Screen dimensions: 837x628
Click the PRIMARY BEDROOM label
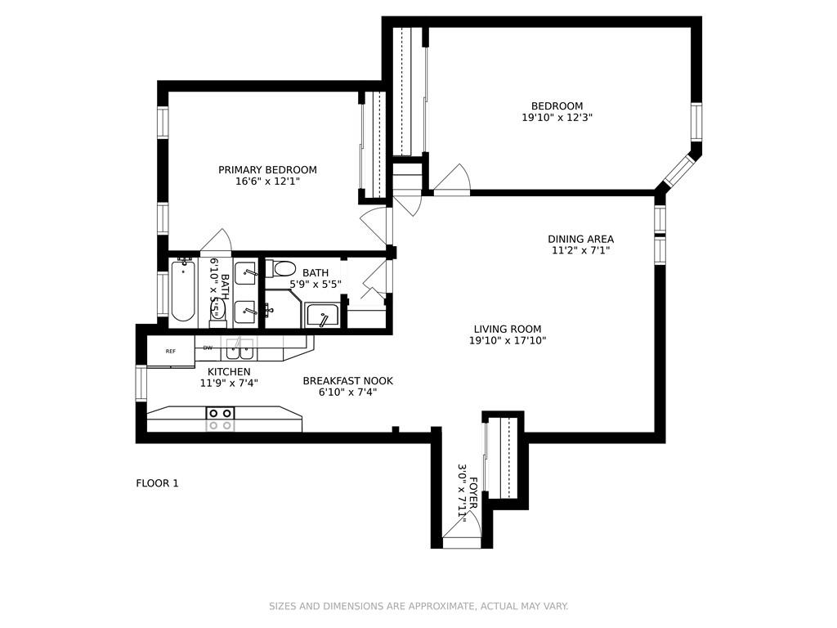tap(267, 170)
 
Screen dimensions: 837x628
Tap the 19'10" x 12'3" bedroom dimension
tap(557, 118)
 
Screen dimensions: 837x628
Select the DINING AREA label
tap(581, 239)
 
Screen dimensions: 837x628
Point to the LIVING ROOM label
tap(508, 329)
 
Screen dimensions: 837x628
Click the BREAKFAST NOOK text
tap(347, 381)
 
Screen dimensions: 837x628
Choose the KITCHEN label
tap(229, 372)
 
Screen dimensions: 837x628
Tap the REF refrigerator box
tap(171, 351)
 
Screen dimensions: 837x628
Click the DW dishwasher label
tap(208, 348)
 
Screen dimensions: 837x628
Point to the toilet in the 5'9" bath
tap(281, 268)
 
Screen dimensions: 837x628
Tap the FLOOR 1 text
tap(157, 483)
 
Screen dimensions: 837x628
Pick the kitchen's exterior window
tap(141, 383)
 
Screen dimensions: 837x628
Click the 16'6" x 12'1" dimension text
tap(267, 182)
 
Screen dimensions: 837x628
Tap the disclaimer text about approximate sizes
tap(418, 606)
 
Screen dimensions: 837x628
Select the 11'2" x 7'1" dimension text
tap(581, 250)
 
